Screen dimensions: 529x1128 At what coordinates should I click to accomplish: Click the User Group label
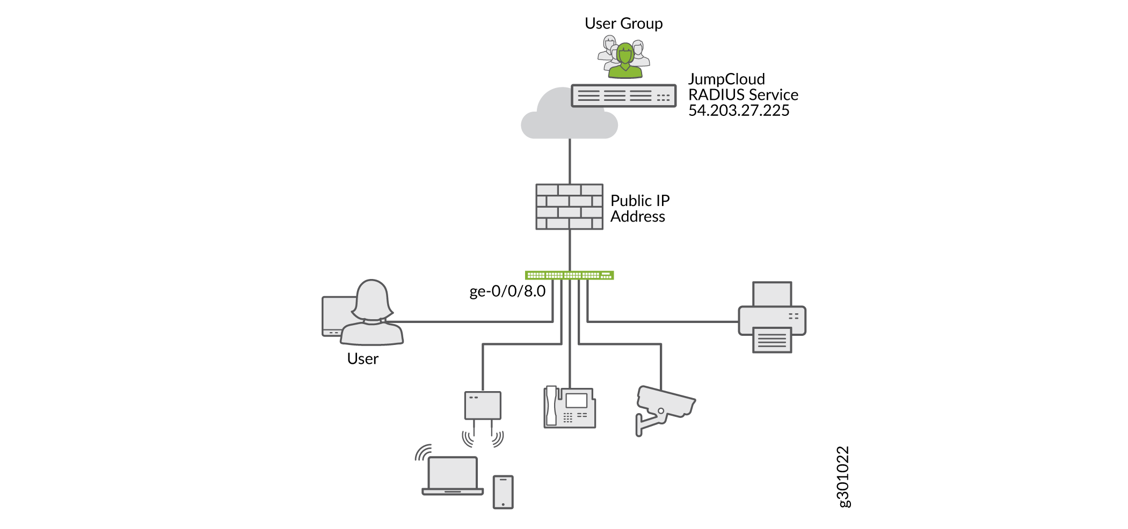pos(623,24)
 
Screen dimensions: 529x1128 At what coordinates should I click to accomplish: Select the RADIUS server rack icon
pos(623,95)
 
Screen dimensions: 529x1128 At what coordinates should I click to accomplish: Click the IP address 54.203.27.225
pos(739,111)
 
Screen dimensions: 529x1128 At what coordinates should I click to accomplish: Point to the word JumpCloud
pos(726,79)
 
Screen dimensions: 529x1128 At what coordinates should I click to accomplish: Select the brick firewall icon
pos(569,207)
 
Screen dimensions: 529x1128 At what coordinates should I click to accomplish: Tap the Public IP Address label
pos(639,208)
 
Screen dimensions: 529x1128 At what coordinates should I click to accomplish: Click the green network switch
pos(569,275)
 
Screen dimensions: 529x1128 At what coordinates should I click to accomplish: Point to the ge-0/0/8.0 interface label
pos(507,291)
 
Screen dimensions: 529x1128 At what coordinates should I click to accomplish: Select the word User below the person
pos(363,359)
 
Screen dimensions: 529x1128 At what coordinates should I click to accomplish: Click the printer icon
pos(772,317)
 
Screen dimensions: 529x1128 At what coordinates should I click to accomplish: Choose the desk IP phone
pos(570,407)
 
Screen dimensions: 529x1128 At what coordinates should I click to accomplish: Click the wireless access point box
pos(483,406)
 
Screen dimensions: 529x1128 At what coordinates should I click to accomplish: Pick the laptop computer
pos(453,475)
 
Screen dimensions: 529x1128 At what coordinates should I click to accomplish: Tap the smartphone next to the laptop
pos(503,491)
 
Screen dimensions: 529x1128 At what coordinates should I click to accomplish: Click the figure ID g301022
pos(843,476)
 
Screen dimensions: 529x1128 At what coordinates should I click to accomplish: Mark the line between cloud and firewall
pos(570,161)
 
